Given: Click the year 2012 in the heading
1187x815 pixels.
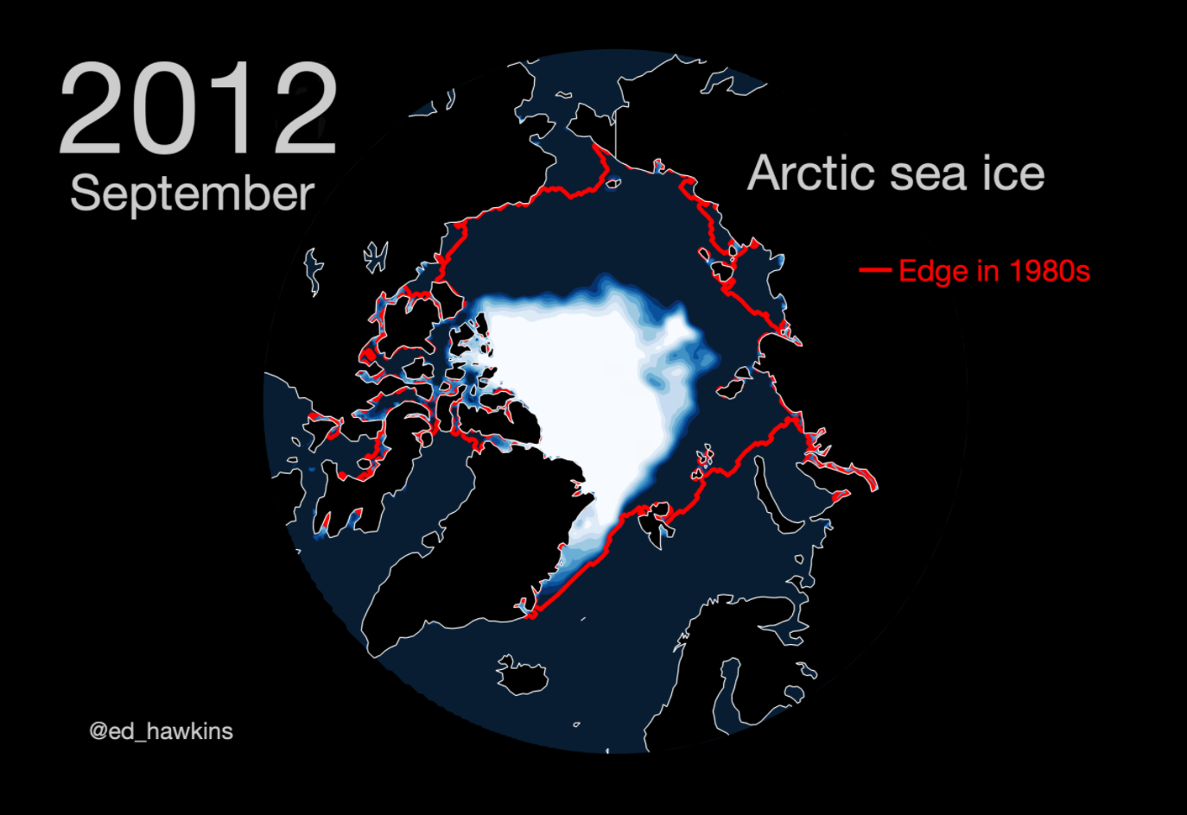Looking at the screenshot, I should [197, 110].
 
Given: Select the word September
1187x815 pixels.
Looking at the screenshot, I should [192, 193].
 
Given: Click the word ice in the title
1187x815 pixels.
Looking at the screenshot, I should [1013, 174].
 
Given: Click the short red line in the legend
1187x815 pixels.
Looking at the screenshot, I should [875, 271].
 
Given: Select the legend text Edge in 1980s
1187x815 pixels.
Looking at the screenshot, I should [994, 271].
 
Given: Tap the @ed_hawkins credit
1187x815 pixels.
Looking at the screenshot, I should [161, 731].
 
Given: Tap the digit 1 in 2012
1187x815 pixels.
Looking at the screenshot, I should [238, 110].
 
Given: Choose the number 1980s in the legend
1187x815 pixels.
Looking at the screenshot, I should [1050, 271].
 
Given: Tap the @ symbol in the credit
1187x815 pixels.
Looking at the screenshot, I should [98, 732].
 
